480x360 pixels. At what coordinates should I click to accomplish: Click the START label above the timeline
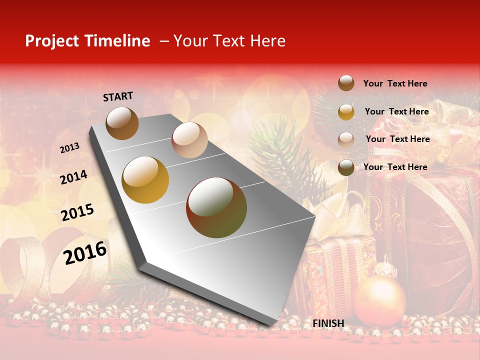(118, 96)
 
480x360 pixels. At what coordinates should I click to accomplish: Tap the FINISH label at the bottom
(328, 323)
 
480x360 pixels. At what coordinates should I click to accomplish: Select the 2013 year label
(70, 147)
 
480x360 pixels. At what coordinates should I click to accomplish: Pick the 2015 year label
(77, 212)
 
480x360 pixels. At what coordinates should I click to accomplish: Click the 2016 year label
(85, 252)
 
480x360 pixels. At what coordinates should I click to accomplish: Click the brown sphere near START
(122, 123)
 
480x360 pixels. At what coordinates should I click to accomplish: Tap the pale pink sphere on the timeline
(189, 139)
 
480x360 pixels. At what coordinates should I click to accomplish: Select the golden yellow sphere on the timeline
(145, 180)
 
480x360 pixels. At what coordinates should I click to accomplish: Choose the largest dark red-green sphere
(216, 207)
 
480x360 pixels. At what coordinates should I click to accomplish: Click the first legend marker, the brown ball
(346, 83)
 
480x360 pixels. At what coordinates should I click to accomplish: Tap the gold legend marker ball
(346, 111)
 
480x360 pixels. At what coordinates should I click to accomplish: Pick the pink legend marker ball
(346, 139)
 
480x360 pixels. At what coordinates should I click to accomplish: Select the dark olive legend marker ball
(346, 167)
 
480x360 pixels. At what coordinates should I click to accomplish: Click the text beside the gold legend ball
(396, 111)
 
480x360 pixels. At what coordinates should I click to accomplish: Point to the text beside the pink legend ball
(397, 139)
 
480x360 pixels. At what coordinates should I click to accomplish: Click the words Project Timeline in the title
(87, 41)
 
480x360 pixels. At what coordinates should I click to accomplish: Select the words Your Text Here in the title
(229, 41)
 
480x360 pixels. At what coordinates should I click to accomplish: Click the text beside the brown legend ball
(395, 83)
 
